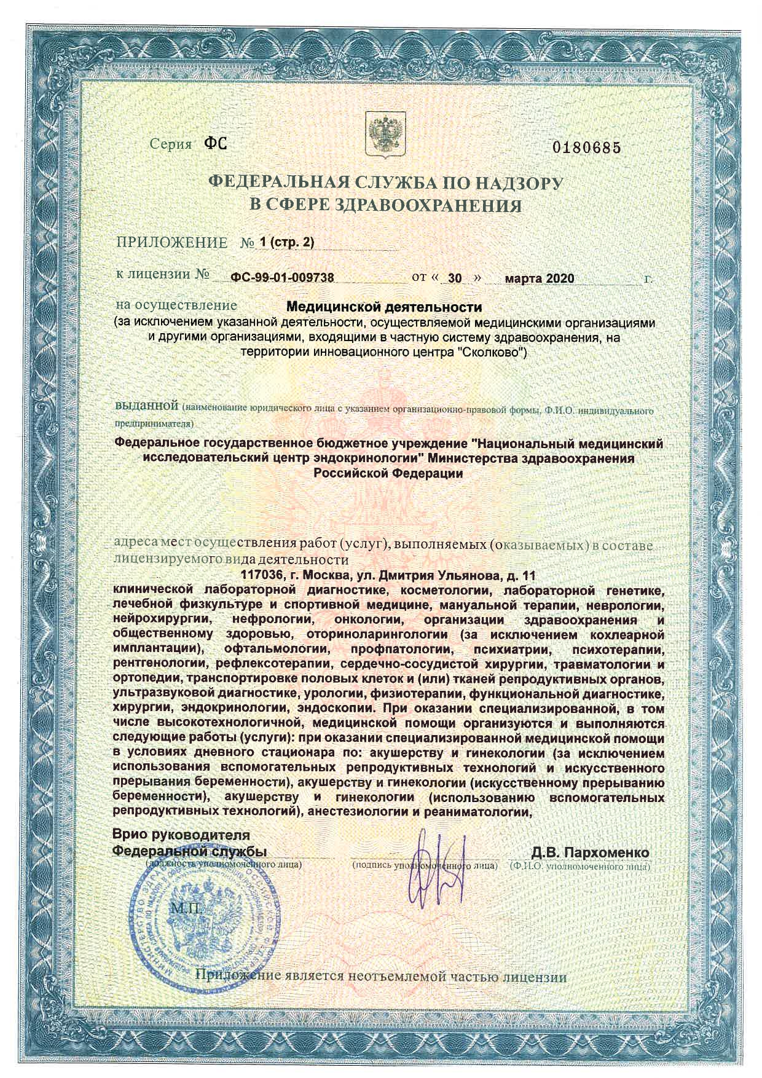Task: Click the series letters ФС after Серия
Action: point(215,145)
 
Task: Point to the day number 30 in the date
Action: point(455,278)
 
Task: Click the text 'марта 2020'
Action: point(539,278)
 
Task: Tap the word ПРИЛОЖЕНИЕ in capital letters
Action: point(172,242)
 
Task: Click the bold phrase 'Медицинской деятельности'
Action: point(385,306)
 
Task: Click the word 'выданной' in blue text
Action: point(147,407)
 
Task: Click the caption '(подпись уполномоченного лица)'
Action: point(425,865)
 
